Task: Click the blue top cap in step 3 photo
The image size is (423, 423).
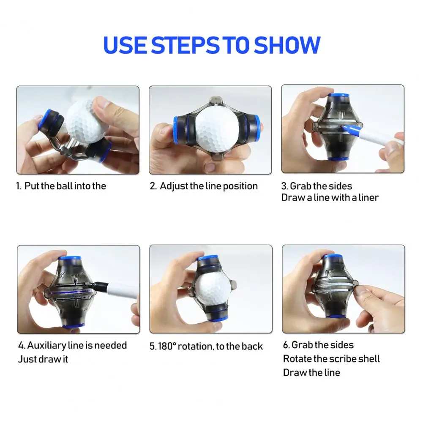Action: (338, 96)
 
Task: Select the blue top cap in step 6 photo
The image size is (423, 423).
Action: (333, 256)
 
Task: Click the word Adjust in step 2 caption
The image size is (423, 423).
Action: (174, 186)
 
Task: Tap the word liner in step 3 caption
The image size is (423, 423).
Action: (368, 197)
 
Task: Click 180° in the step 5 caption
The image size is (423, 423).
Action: (167, 347)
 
